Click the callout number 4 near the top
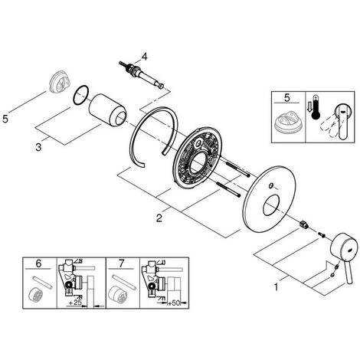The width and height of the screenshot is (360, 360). (145, 57)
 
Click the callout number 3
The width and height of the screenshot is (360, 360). (38, 147)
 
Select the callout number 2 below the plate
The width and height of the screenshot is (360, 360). (159, 218)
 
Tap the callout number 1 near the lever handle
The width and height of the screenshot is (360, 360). (276, 287)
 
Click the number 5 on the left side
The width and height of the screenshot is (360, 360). (5, 119)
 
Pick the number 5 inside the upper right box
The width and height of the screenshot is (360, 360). (287, 98)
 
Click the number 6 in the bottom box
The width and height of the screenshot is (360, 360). (38, 263)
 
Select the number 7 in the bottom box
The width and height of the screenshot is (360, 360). (121, 263)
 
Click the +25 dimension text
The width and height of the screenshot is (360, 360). (75, 303)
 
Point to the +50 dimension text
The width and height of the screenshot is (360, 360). (174, 303)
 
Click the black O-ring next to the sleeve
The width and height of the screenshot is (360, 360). (81, 95)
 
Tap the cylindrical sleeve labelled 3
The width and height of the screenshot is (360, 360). (107, 110)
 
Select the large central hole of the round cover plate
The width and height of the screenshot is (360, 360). (272, 205)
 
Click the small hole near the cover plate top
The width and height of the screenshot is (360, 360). (271, 185)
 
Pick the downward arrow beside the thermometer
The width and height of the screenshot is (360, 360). (309, 106)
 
